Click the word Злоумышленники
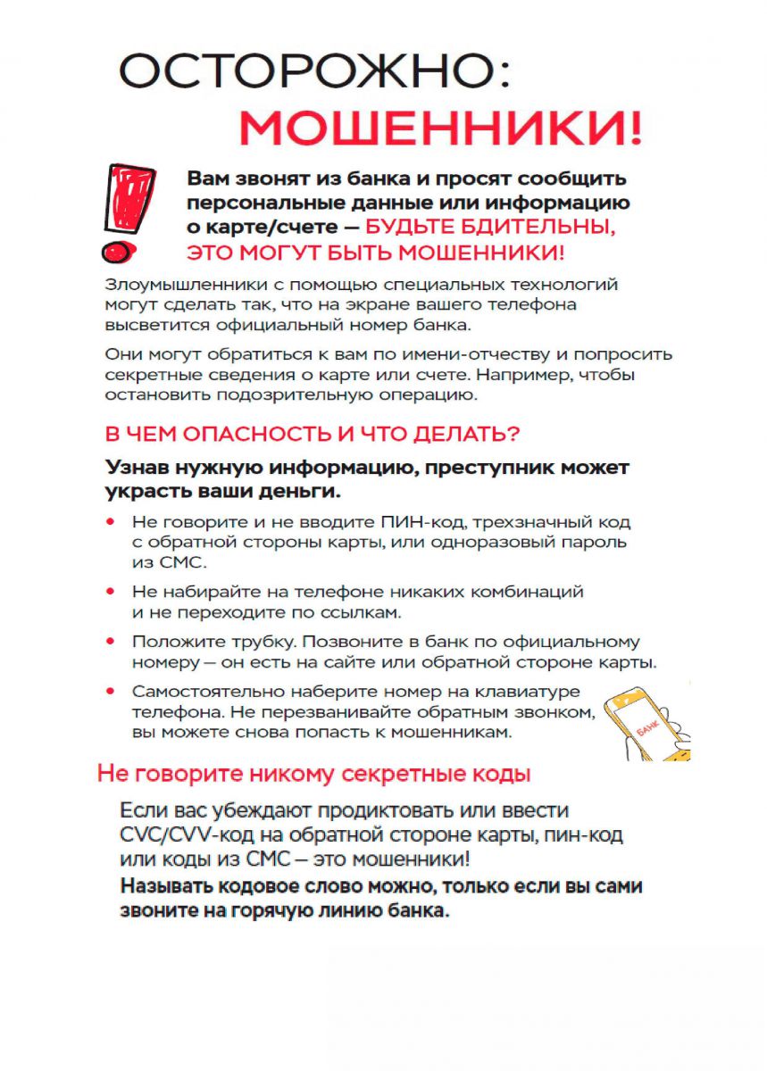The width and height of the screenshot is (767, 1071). tap(174, 286)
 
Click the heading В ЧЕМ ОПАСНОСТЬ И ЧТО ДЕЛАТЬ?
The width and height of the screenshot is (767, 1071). tap(313, 435)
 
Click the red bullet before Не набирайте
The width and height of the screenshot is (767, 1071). tap(111, 591)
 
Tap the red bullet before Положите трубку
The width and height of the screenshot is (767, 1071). tap(111, 641)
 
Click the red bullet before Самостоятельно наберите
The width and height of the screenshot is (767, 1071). tap(111, 691)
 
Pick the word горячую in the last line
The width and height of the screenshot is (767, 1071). tap(283, 912)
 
